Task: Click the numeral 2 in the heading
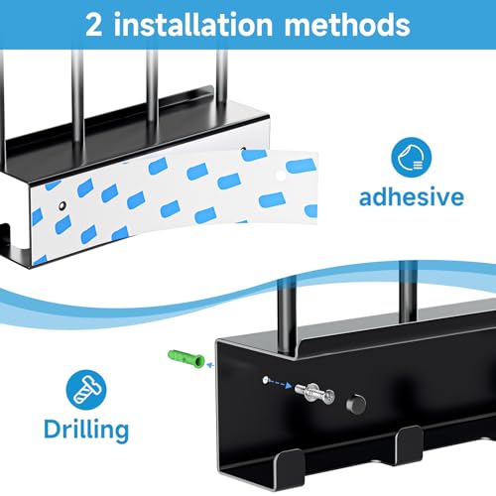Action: [93, 25]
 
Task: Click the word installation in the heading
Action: [193, 25]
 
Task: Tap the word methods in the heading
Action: [347, 25]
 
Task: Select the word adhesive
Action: [412, 197]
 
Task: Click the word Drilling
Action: [86, 430]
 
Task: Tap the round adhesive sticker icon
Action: [411, 158]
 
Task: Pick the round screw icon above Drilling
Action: [86, 390]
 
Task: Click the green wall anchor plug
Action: [186, 359]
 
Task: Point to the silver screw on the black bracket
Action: [314, 392]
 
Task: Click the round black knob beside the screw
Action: [356, 404]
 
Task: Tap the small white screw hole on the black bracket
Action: [265, 380]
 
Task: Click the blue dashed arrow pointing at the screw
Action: [280, 383]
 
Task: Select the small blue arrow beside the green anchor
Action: [210, 365]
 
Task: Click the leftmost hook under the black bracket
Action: [290, 464]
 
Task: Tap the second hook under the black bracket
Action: [410, 443]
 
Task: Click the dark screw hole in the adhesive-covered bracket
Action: [62, 205]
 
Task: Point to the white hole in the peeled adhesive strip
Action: [281, 176]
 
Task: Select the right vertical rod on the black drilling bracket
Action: [408, 292]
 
